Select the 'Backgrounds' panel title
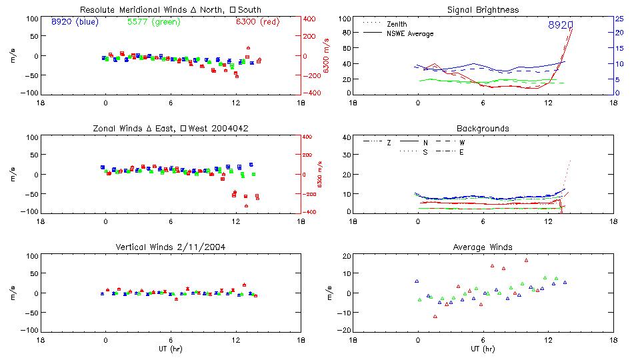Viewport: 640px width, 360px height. [483, 128]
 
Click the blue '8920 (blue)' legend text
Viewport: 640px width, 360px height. [75, 21]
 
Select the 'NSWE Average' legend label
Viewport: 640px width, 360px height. [410, 33]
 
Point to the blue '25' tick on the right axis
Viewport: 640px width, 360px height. [619, 19]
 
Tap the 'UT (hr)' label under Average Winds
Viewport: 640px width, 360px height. [483, 349]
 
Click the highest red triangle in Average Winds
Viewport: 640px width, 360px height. [525, 261]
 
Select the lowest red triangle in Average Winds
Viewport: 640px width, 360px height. [435, 317]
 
